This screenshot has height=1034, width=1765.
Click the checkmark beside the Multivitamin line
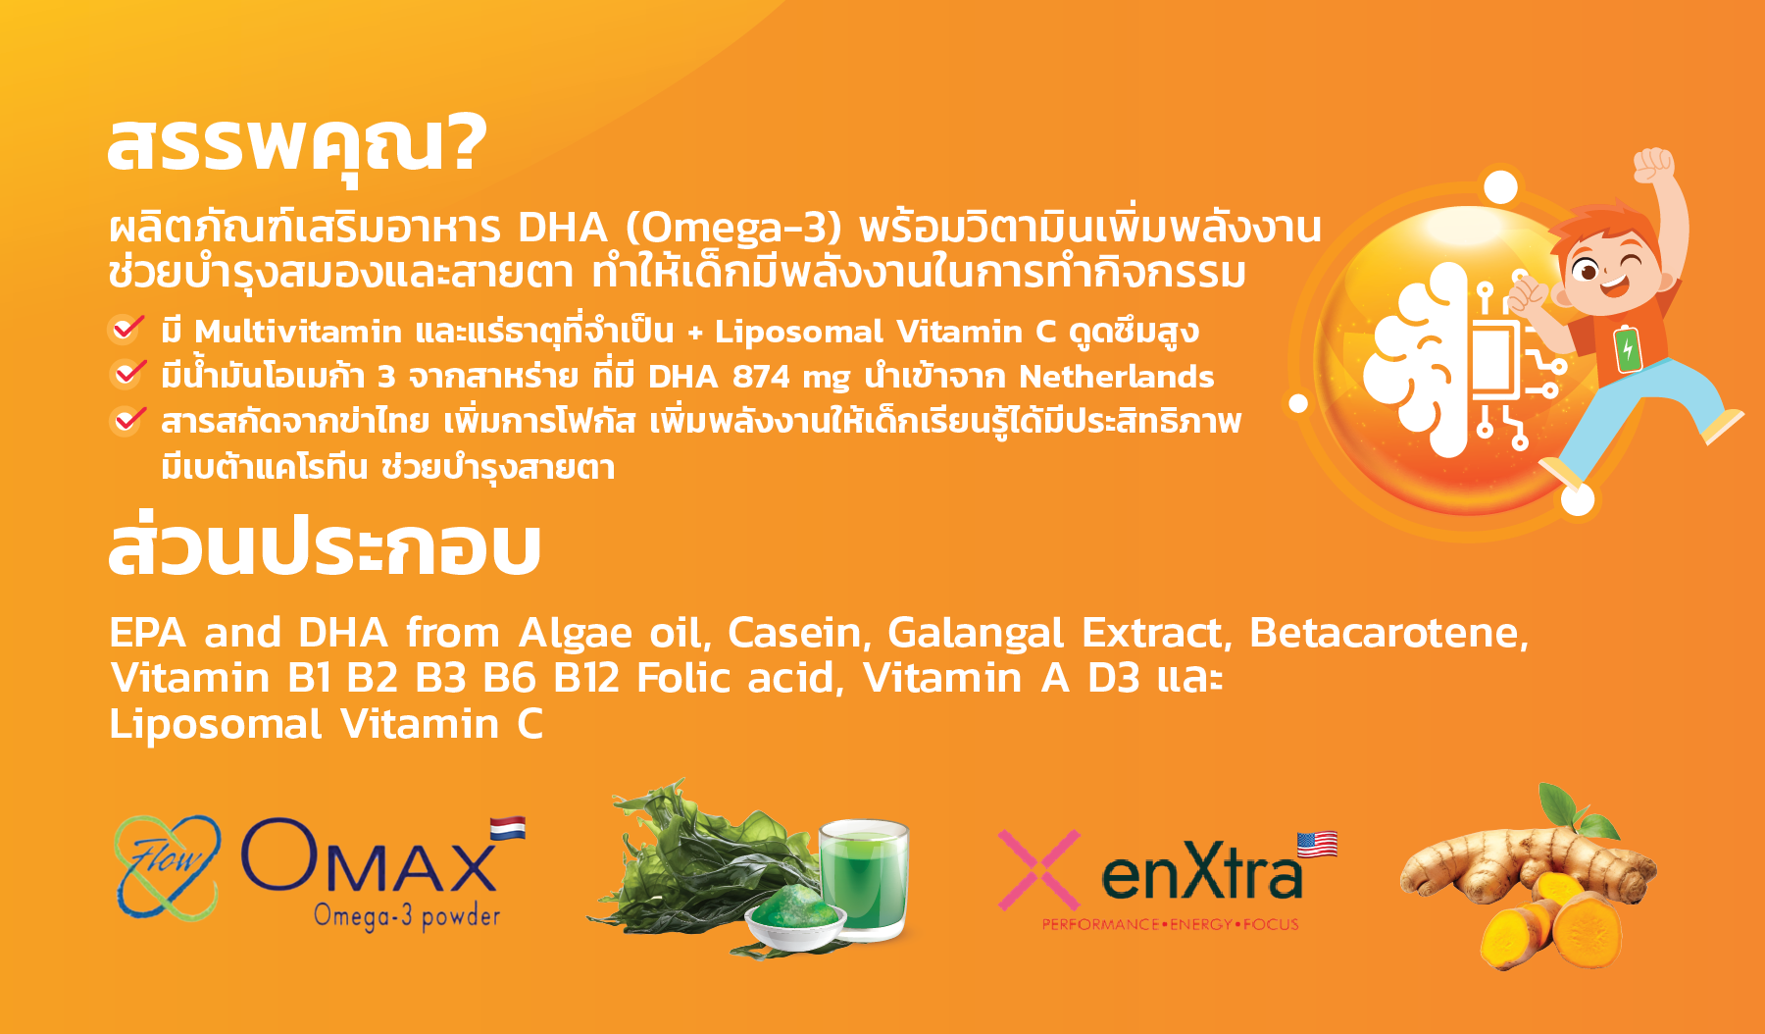click(126, 329)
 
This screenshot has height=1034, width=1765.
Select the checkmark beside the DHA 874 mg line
click(126, 374)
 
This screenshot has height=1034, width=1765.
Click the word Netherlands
click(1116, 377)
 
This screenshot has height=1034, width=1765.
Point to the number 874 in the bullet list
click(761, 377)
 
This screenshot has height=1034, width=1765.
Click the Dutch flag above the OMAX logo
click(508, 828)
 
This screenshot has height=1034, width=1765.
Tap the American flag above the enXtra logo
click(1317, 844)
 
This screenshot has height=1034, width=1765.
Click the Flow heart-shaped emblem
click(167, 867)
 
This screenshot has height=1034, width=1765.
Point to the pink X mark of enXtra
click(1038, 869)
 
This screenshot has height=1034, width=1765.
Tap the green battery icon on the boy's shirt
click(1628, 348)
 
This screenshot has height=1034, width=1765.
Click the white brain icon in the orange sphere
click(1418, 362)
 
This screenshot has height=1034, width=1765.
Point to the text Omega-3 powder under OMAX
click(407, 916)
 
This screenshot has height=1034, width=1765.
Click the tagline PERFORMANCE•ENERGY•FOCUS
click(1170, 924)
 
